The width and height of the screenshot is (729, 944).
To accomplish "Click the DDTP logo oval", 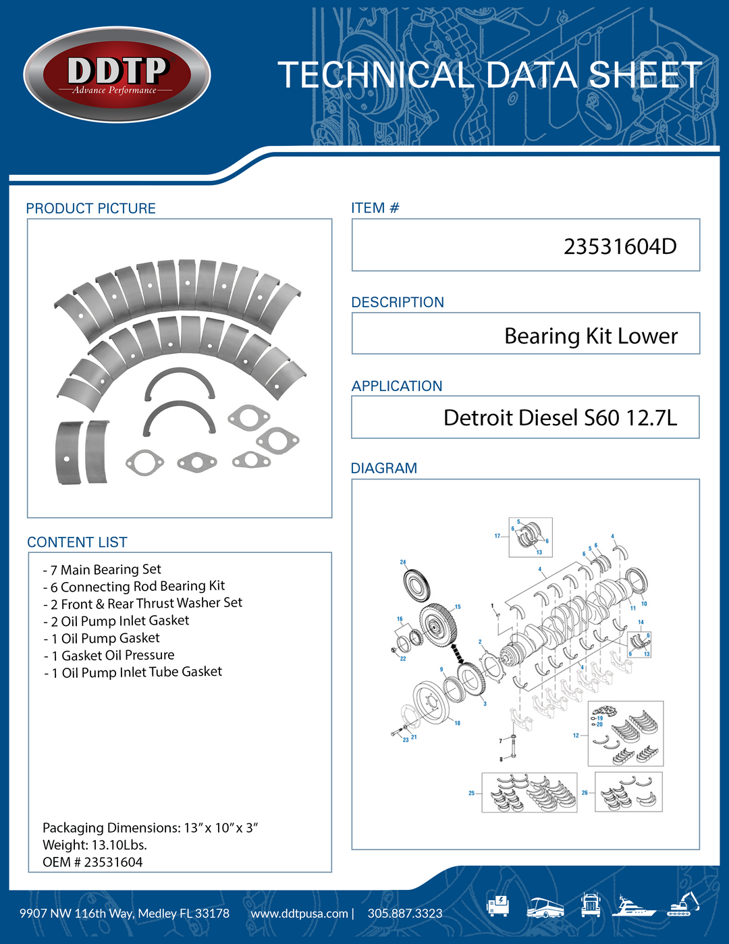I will (117, 75).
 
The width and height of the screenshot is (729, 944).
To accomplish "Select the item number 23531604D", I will (620, 246).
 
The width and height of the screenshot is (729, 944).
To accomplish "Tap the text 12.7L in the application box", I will (651, 418).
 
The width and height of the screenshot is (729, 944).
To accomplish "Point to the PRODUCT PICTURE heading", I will (90, 209).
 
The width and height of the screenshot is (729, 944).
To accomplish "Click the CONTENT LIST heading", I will (77, 542).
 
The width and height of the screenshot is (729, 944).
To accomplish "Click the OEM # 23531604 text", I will (92, 862).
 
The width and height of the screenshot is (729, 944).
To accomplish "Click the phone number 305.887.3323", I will (405, 914).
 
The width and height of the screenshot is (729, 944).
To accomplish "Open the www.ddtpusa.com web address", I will (299, 914).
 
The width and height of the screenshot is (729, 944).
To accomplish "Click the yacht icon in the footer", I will (633, 906).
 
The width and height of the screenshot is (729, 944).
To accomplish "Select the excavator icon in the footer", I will (683, 905).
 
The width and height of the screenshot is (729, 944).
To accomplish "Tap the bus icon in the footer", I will (545, 907).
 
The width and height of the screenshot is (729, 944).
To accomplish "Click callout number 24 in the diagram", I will (403, 562).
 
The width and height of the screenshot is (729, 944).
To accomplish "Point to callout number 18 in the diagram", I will (457, 723).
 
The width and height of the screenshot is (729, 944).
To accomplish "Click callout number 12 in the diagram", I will (576, 735).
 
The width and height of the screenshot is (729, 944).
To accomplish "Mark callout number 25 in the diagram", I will (471, 793).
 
